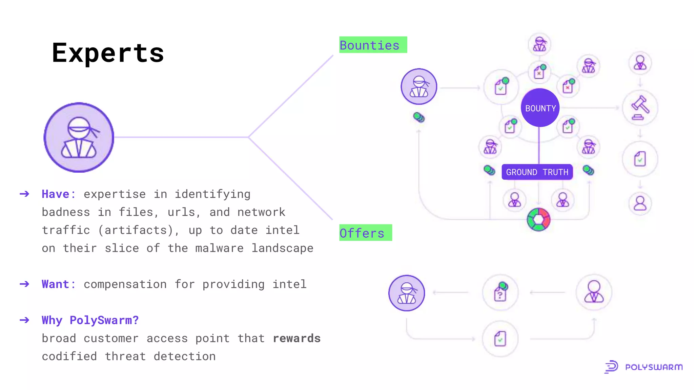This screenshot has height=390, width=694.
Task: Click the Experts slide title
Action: [108, 53]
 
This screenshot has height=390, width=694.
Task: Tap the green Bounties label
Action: [373, 45]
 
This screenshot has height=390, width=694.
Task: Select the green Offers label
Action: [365, 233]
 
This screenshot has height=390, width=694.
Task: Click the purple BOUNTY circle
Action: [540, 108]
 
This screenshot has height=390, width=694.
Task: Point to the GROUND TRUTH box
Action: [537, 172]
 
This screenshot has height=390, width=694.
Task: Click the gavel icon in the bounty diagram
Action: [640, 108]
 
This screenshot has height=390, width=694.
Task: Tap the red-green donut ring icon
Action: [538, 220]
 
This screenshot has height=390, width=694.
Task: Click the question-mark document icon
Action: [501, 292]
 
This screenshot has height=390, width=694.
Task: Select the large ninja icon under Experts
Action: [79, 137]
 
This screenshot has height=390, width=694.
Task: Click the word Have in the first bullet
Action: [56, 194]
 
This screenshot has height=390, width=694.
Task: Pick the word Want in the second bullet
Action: [56, 284]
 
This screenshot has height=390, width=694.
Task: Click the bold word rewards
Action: [297, 338]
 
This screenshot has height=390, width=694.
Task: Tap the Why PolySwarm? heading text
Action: [90, 320]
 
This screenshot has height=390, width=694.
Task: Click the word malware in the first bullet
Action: [219, 248]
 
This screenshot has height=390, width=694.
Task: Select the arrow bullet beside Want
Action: [24, 284]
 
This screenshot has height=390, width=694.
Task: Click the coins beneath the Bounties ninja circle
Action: [419, 117]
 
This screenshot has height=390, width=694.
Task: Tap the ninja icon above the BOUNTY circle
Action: [539, 44]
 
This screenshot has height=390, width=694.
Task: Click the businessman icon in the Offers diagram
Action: [594, 292]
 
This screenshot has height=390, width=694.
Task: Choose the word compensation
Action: [125, 284]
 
